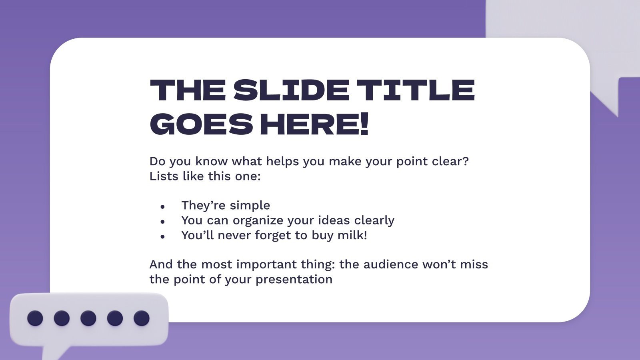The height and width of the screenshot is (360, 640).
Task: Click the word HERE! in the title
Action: pyautogui.click(x=314, y=124)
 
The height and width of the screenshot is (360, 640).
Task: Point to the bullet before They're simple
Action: pyautogui.click(x=162, y=207)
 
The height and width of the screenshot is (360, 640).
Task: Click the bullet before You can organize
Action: pyautogui.click(x=162, y=222)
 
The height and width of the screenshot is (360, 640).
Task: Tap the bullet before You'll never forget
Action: pyautogui.click(x=162, y=236)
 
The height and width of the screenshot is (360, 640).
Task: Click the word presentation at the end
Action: pyautogui.click(x=294, y=279)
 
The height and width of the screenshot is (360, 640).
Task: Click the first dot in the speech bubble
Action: pyautogui.click(x=35, y=318)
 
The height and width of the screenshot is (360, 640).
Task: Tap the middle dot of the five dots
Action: pyautogui.click(x=88, y=318)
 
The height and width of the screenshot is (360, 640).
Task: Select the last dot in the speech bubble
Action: pyautogui.click(x=142, y=318)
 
